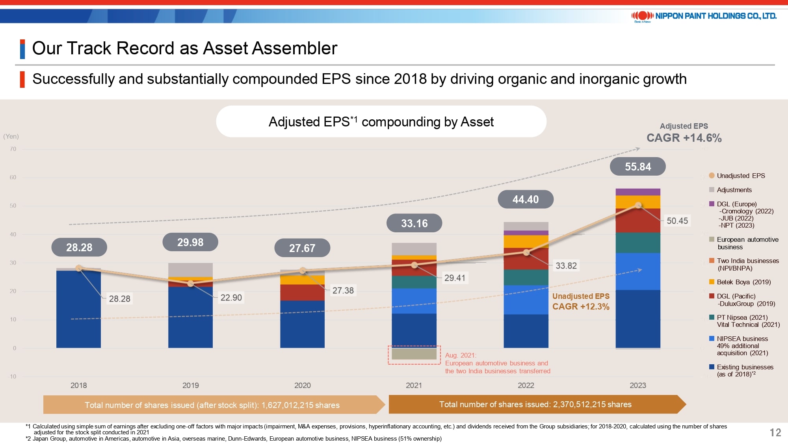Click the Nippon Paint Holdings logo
(x=704, y=16)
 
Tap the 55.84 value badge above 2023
(x=637, y=167)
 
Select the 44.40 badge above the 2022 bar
(x=526, y=200)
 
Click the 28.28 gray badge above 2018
(x=79, y=248)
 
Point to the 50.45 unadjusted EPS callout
(x=677, y=221)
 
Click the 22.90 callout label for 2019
(x=231, y=298)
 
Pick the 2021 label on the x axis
(x=414, y=386)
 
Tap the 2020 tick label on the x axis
(x=302, y=386)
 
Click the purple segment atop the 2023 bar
(x=637, y=192)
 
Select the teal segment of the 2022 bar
(x=526, y=277)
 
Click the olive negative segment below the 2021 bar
(x=414, y=354)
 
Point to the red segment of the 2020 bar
(x=302, y=292)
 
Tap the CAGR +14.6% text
(x=684, y=138)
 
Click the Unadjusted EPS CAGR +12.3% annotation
(x=580, y=302)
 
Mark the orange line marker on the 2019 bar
(x=191, y=284)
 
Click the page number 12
(x=775, y=433)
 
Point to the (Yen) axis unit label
(x=11, y=136)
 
